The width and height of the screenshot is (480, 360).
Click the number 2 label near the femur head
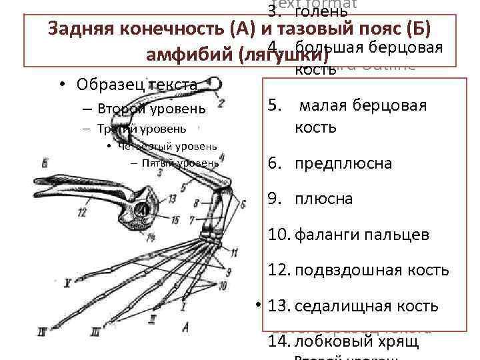pos(221,103)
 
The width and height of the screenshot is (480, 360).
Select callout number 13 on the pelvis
pos(172,198)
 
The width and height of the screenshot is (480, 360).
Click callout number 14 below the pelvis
pos(152,238)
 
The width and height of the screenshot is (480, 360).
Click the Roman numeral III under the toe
pos(97,331)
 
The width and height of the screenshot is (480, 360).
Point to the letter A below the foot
pos(185,326)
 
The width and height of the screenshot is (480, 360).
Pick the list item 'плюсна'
pos(324,199)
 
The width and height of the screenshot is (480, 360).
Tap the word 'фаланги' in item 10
pos(325,235)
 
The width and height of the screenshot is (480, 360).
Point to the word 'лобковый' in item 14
pos(327,341)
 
